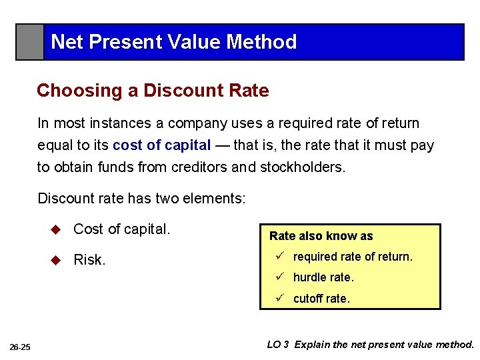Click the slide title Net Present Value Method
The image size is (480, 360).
click(173, 42)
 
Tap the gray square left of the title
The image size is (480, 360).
click(30, 42)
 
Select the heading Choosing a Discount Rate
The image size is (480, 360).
click(153, 91)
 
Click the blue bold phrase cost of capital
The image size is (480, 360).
click(162, 145)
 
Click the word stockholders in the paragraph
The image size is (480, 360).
click(301, 167)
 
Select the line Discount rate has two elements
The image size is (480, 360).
click(141, 199)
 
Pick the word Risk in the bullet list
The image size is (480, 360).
click(89, 260)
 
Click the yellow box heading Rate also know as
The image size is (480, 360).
click(321, 236)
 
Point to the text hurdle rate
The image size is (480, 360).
click(323, 277)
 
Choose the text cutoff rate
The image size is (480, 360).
click(321, 299)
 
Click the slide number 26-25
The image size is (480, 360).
click(20, 347)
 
